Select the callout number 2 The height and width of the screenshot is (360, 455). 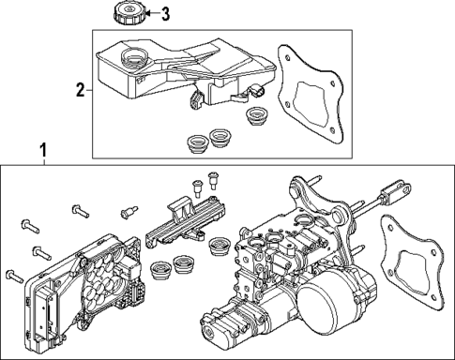click(80, 90)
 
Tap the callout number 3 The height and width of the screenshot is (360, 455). click(166, 13)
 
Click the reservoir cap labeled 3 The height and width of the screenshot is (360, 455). click(125, 14)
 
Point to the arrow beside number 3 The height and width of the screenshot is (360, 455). click(148, 13)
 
